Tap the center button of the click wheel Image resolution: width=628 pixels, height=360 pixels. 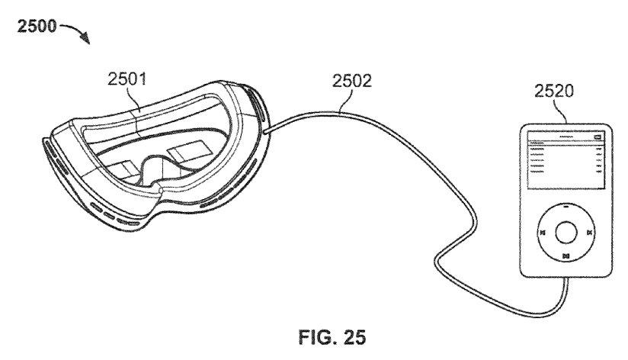[565, 232]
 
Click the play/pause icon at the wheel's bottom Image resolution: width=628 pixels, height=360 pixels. [565, 256]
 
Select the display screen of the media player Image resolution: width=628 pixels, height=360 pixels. [565, 159]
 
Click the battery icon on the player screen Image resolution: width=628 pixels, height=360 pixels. [598, 136]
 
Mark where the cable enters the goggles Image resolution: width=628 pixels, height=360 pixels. [266, 133]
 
